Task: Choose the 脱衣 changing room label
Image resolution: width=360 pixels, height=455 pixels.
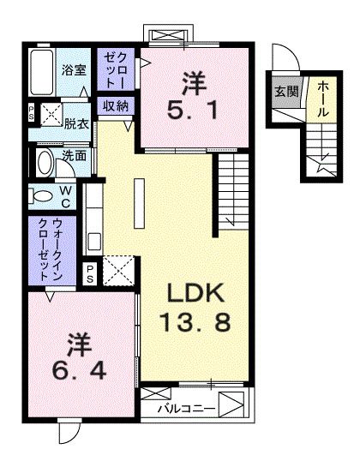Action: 78,123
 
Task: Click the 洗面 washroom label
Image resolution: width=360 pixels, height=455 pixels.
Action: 74,156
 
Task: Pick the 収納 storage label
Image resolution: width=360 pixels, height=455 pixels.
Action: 116,105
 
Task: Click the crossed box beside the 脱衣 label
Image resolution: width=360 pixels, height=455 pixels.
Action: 51,112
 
